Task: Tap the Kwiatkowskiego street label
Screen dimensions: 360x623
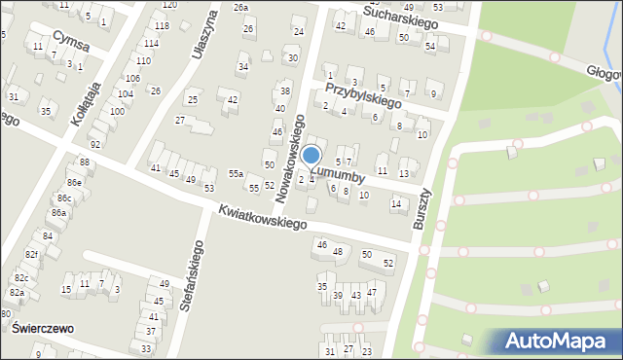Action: point(262,217)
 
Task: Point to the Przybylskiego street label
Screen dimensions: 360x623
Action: point(363,94)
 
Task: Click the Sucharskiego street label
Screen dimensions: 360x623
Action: point(402,13)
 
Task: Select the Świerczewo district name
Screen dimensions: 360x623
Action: point(45,329)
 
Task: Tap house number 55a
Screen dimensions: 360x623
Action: point(235,173)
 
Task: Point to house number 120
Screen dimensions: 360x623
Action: point(168,5)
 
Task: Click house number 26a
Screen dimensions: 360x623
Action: point(240,8)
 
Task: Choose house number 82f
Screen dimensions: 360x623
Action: point(31,255)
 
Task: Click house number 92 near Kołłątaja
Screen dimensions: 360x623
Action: point(95,144)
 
